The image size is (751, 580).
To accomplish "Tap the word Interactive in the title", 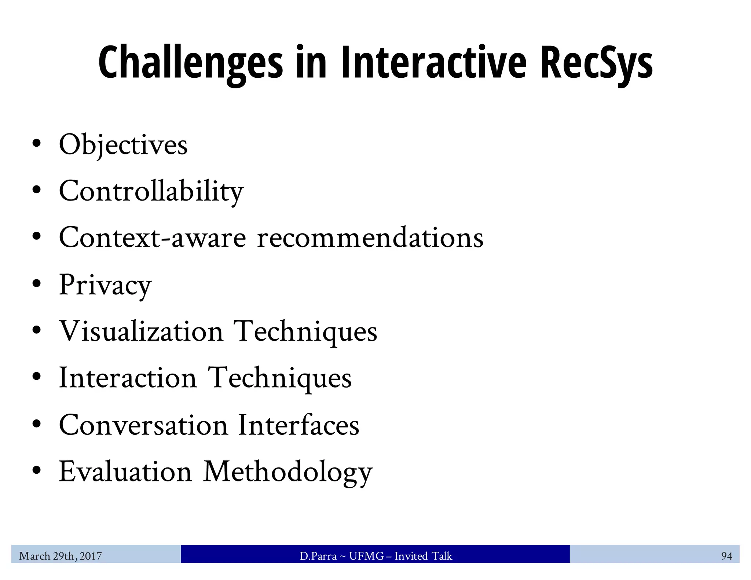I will click(433, 62).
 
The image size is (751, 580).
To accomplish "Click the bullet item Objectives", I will click(123, 145).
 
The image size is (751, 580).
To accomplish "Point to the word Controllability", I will click(151, 192).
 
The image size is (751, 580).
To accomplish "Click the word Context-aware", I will click(152, 238).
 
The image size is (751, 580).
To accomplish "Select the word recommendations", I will click(370, 238).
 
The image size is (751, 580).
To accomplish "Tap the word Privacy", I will click(105, 285).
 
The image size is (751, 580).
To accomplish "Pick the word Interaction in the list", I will click(128, 378).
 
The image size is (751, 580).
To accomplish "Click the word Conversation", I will click(143, 425).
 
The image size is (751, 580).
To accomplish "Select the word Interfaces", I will click(298, 425).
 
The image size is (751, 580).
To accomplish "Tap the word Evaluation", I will click(125, 472).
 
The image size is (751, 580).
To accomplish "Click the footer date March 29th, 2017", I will click(60, 556).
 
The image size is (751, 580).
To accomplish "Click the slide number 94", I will click(726, 556).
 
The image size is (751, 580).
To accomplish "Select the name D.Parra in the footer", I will click(318, 556).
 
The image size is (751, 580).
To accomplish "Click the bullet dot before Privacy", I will click(36, 284).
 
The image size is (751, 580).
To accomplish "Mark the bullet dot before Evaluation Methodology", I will click(36, 470).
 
